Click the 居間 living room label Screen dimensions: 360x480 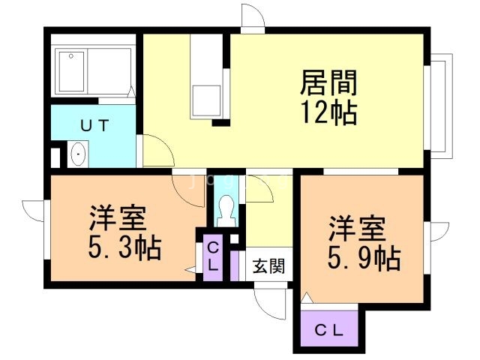pos(328,81)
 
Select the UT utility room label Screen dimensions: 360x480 pos(94,126)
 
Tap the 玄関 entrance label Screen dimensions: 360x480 pos(266,265)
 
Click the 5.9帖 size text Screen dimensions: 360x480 pos(363,259)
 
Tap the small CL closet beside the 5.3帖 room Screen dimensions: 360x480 pos(212,256)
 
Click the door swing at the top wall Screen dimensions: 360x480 pos(253,17)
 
